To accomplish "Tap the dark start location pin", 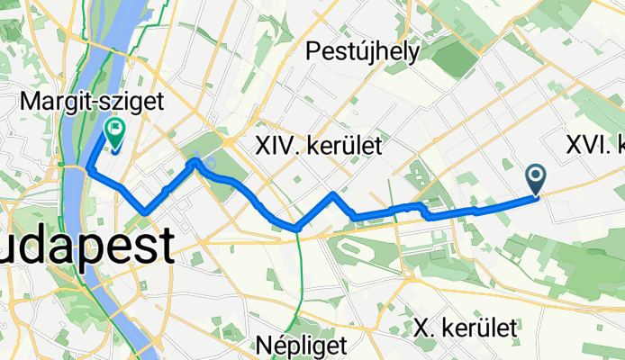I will coord(536,179).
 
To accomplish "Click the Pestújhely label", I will coord(362,52).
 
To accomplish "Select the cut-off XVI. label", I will coord(594,144).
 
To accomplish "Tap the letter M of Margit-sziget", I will coord(27,103).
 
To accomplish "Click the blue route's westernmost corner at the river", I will coord(89,167).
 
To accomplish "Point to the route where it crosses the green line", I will coord(297,229).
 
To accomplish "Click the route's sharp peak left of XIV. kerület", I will coord(195,161).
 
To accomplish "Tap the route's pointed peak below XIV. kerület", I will coord(334,193).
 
